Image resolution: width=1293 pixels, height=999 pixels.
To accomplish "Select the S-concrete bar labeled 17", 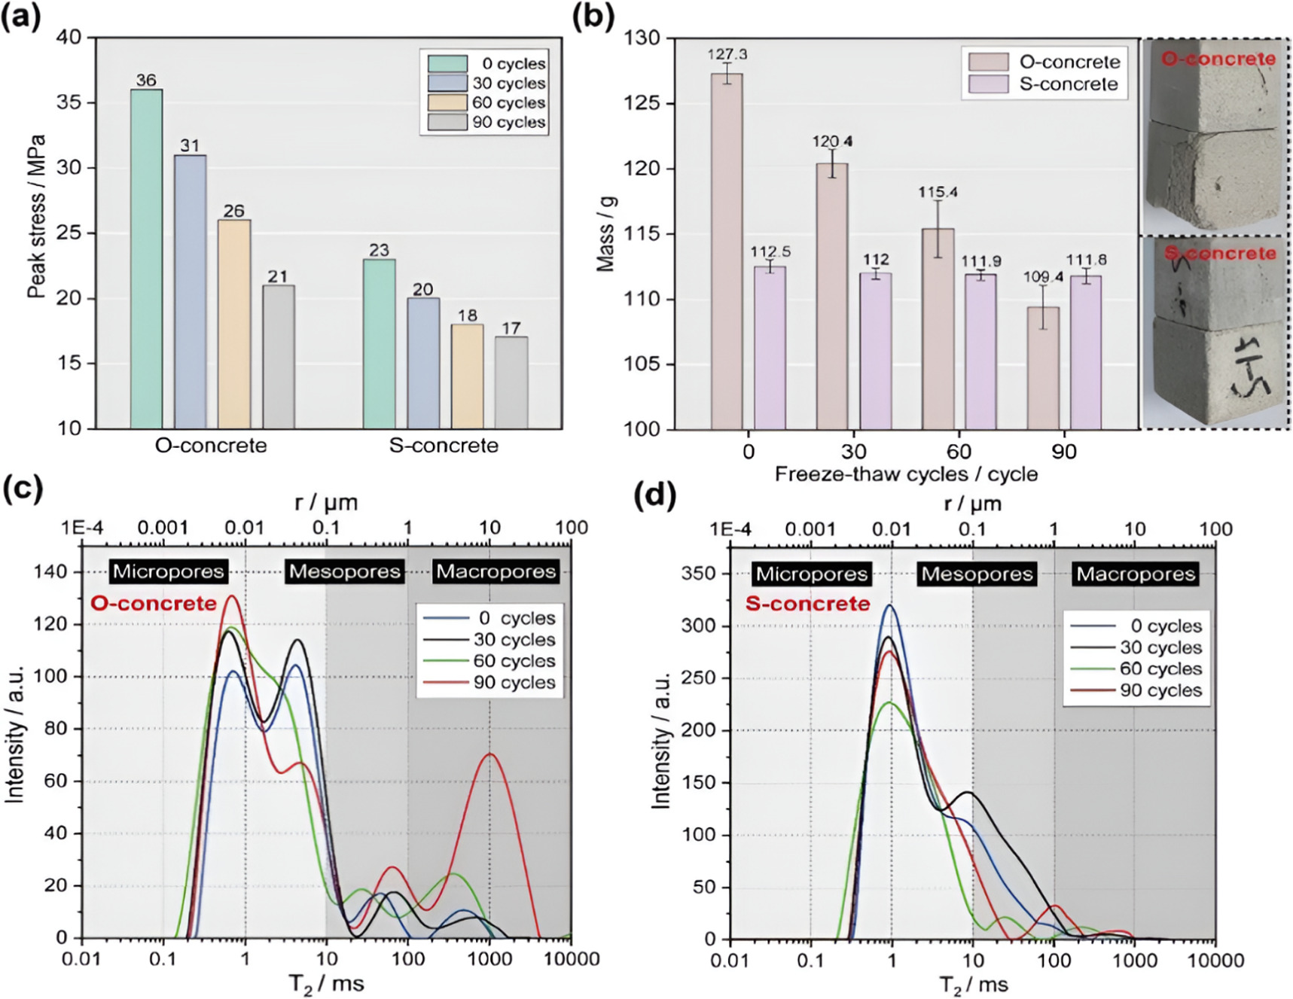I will [511, 382].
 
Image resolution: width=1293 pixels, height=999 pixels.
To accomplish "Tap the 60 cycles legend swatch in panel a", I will [447, 102].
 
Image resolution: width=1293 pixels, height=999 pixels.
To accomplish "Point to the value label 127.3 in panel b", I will [727, 54].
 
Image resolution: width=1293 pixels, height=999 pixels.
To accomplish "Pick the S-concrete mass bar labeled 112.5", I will [770, 347].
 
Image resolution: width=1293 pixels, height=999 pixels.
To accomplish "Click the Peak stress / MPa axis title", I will [36, 217].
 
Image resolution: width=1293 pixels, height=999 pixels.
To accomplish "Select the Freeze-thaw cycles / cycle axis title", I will [906, 474].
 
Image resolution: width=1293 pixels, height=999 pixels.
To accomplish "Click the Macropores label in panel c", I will [496, 571].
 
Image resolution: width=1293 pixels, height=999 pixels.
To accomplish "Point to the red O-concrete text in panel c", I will [154, 603].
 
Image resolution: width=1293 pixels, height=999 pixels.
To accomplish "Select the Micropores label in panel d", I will [811, 574].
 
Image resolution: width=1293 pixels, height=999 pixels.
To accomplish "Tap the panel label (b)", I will [593, 17].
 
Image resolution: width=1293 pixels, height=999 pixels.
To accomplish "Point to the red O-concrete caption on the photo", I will [1218, 59].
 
